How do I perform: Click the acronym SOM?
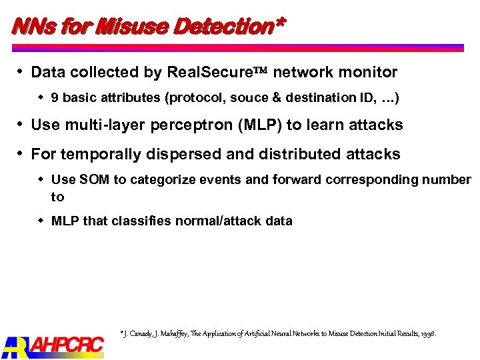point(91,180)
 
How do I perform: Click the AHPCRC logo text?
point(66,345)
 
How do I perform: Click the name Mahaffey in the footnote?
point(178,333)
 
